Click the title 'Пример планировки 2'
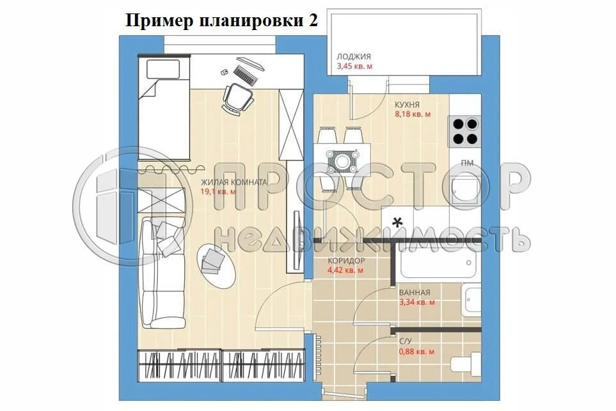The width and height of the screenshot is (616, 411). click(x=221, y=20)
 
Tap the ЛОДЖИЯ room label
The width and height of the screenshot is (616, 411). click(x=354, y=57)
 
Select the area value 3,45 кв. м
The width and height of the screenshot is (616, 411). click(x=354, y=66)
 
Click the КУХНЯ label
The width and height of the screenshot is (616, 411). click(x=407, y=105)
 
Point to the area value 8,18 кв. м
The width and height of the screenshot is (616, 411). click(x=413, y=114)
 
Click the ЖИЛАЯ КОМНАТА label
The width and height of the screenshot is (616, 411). click(x=233, y=182)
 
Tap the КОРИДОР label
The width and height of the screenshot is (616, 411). click(x=346, y=261)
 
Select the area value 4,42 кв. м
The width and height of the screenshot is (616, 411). click(x=345, y=270)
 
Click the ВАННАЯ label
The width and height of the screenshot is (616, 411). click(x=415, y=293)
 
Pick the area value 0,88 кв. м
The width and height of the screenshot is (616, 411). click(x=416, y=352)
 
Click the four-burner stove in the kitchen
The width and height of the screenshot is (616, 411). click(x=465, y=131)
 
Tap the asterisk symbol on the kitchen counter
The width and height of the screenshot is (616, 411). click(x=398, y=222)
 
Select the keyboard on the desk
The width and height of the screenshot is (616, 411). click(x=245, y=75)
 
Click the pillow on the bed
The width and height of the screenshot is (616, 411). click(x=162, y=69)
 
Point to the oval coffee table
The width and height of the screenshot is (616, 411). click(x=216, y=264)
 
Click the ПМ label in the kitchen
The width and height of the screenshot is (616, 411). click(x=467, y=163)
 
